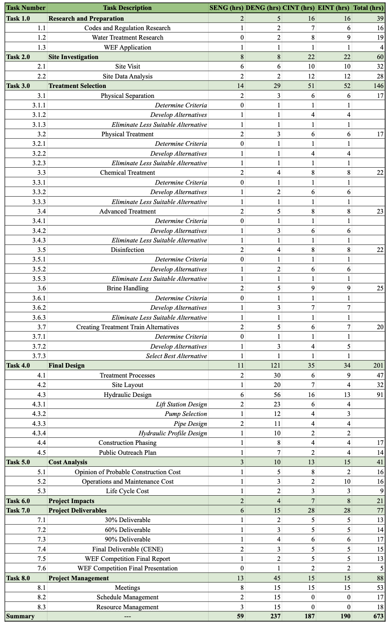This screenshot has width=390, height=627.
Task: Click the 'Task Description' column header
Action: pyautogui.click(x=127, y=8)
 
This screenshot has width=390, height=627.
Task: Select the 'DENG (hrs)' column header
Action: pyautogui.click(x=263, y=8)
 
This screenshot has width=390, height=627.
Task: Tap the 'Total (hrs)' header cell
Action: pyautogui.click(x=368, y=8)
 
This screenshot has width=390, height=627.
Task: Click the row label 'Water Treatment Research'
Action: pyautogui.click(x=127, y=38)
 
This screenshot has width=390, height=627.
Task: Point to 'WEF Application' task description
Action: pyautogui.click(x=127, y=47)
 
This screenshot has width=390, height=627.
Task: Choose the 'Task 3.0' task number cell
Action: pyautogui.click(x=18, y=86)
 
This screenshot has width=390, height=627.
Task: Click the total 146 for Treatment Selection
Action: pyautogui.click(x=378, y=86)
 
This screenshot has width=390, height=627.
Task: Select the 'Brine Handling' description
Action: pyautogui.click(x=127, y=288)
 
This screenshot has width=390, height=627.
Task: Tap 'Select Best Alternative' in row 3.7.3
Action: pyautogui.click(x=176, y=356)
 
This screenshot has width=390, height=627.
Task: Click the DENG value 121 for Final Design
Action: pyautogui.click(x=275, y=366)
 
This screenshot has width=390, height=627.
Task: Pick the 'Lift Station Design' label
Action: pyautogui.click(x=181, y=404)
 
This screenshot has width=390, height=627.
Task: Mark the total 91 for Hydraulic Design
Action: pyautogui.click(x=380, y=395)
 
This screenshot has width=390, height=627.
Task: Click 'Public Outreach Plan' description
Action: pyautogui.click(x=127, y=453)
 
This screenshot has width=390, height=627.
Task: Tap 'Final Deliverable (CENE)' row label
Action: pyautogui.click(x=127, y=549)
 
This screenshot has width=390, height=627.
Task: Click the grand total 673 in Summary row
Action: pyautogui.click(x=378, y=616)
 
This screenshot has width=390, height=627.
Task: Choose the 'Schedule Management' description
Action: pyautogui.click(x=127, y=597)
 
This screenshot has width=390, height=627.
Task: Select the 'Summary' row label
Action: pyautogui.click(x=20, y=616)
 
